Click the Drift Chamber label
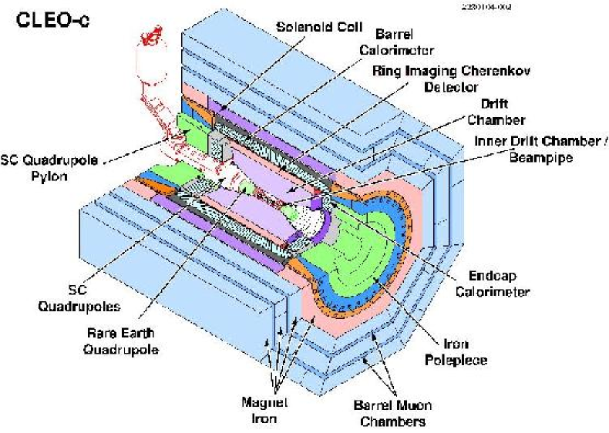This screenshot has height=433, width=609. (x=496, y=113)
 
